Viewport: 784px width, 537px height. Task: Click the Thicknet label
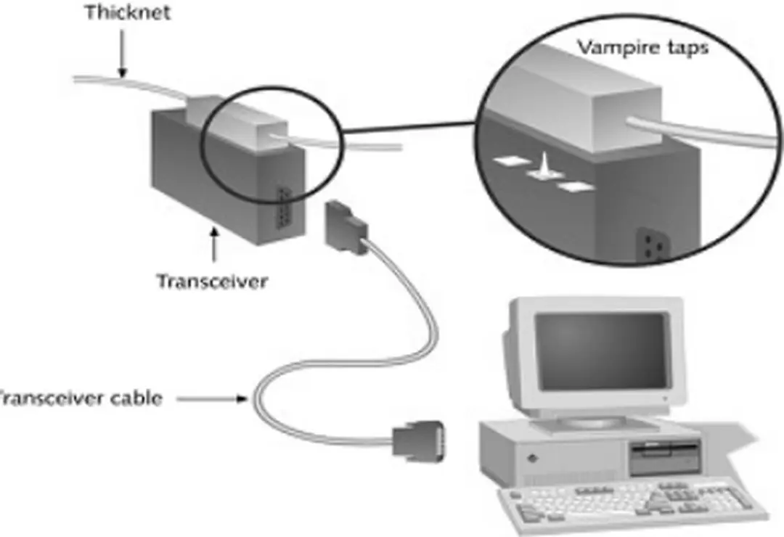[128, 13]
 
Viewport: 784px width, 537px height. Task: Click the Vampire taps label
[642, 48]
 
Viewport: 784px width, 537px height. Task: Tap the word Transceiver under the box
[212, 281]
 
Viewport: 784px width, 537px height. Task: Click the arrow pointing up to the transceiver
[213, 247]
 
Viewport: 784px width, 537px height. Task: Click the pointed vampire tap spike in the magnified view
[542, 165]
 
